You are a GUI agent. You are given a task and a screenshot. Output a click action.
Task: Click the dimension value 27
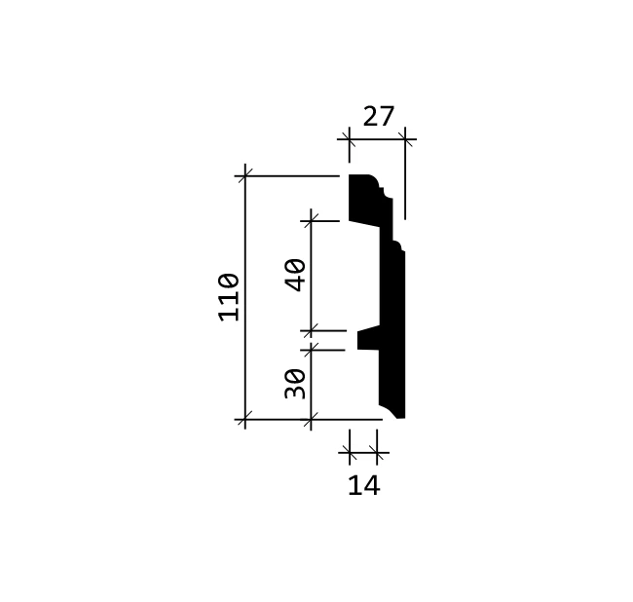(x=378, y=116)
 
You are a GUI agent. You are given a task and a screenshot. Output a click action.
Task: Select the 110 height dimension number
(x=229, y=297)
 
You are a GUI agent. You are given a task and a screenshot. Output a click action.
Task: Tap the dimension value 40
(x=295, y=275)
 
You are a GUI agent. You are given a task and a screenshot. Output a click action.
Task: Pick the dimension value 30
(x=295, y=384)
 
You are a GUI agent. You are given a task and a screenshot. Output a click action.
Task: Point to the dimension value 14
(x=364, y=485)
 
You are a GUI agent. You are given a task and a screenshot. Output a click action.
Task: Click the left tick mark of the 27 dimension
(x=350, y=139)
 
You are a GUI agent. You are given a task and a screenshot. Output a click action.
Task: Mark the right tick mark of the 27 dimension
(x=405, y=139)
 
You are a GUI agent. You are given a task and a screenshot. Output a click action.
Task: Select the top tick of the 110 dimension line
(x=245, y=176)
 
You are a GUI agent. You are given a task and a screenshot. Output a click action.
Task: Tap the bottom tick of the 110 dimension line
(x=245, y=420)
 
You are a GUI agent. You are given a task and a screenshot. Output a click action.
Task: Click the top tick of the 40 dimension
(x=311, y=221)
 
